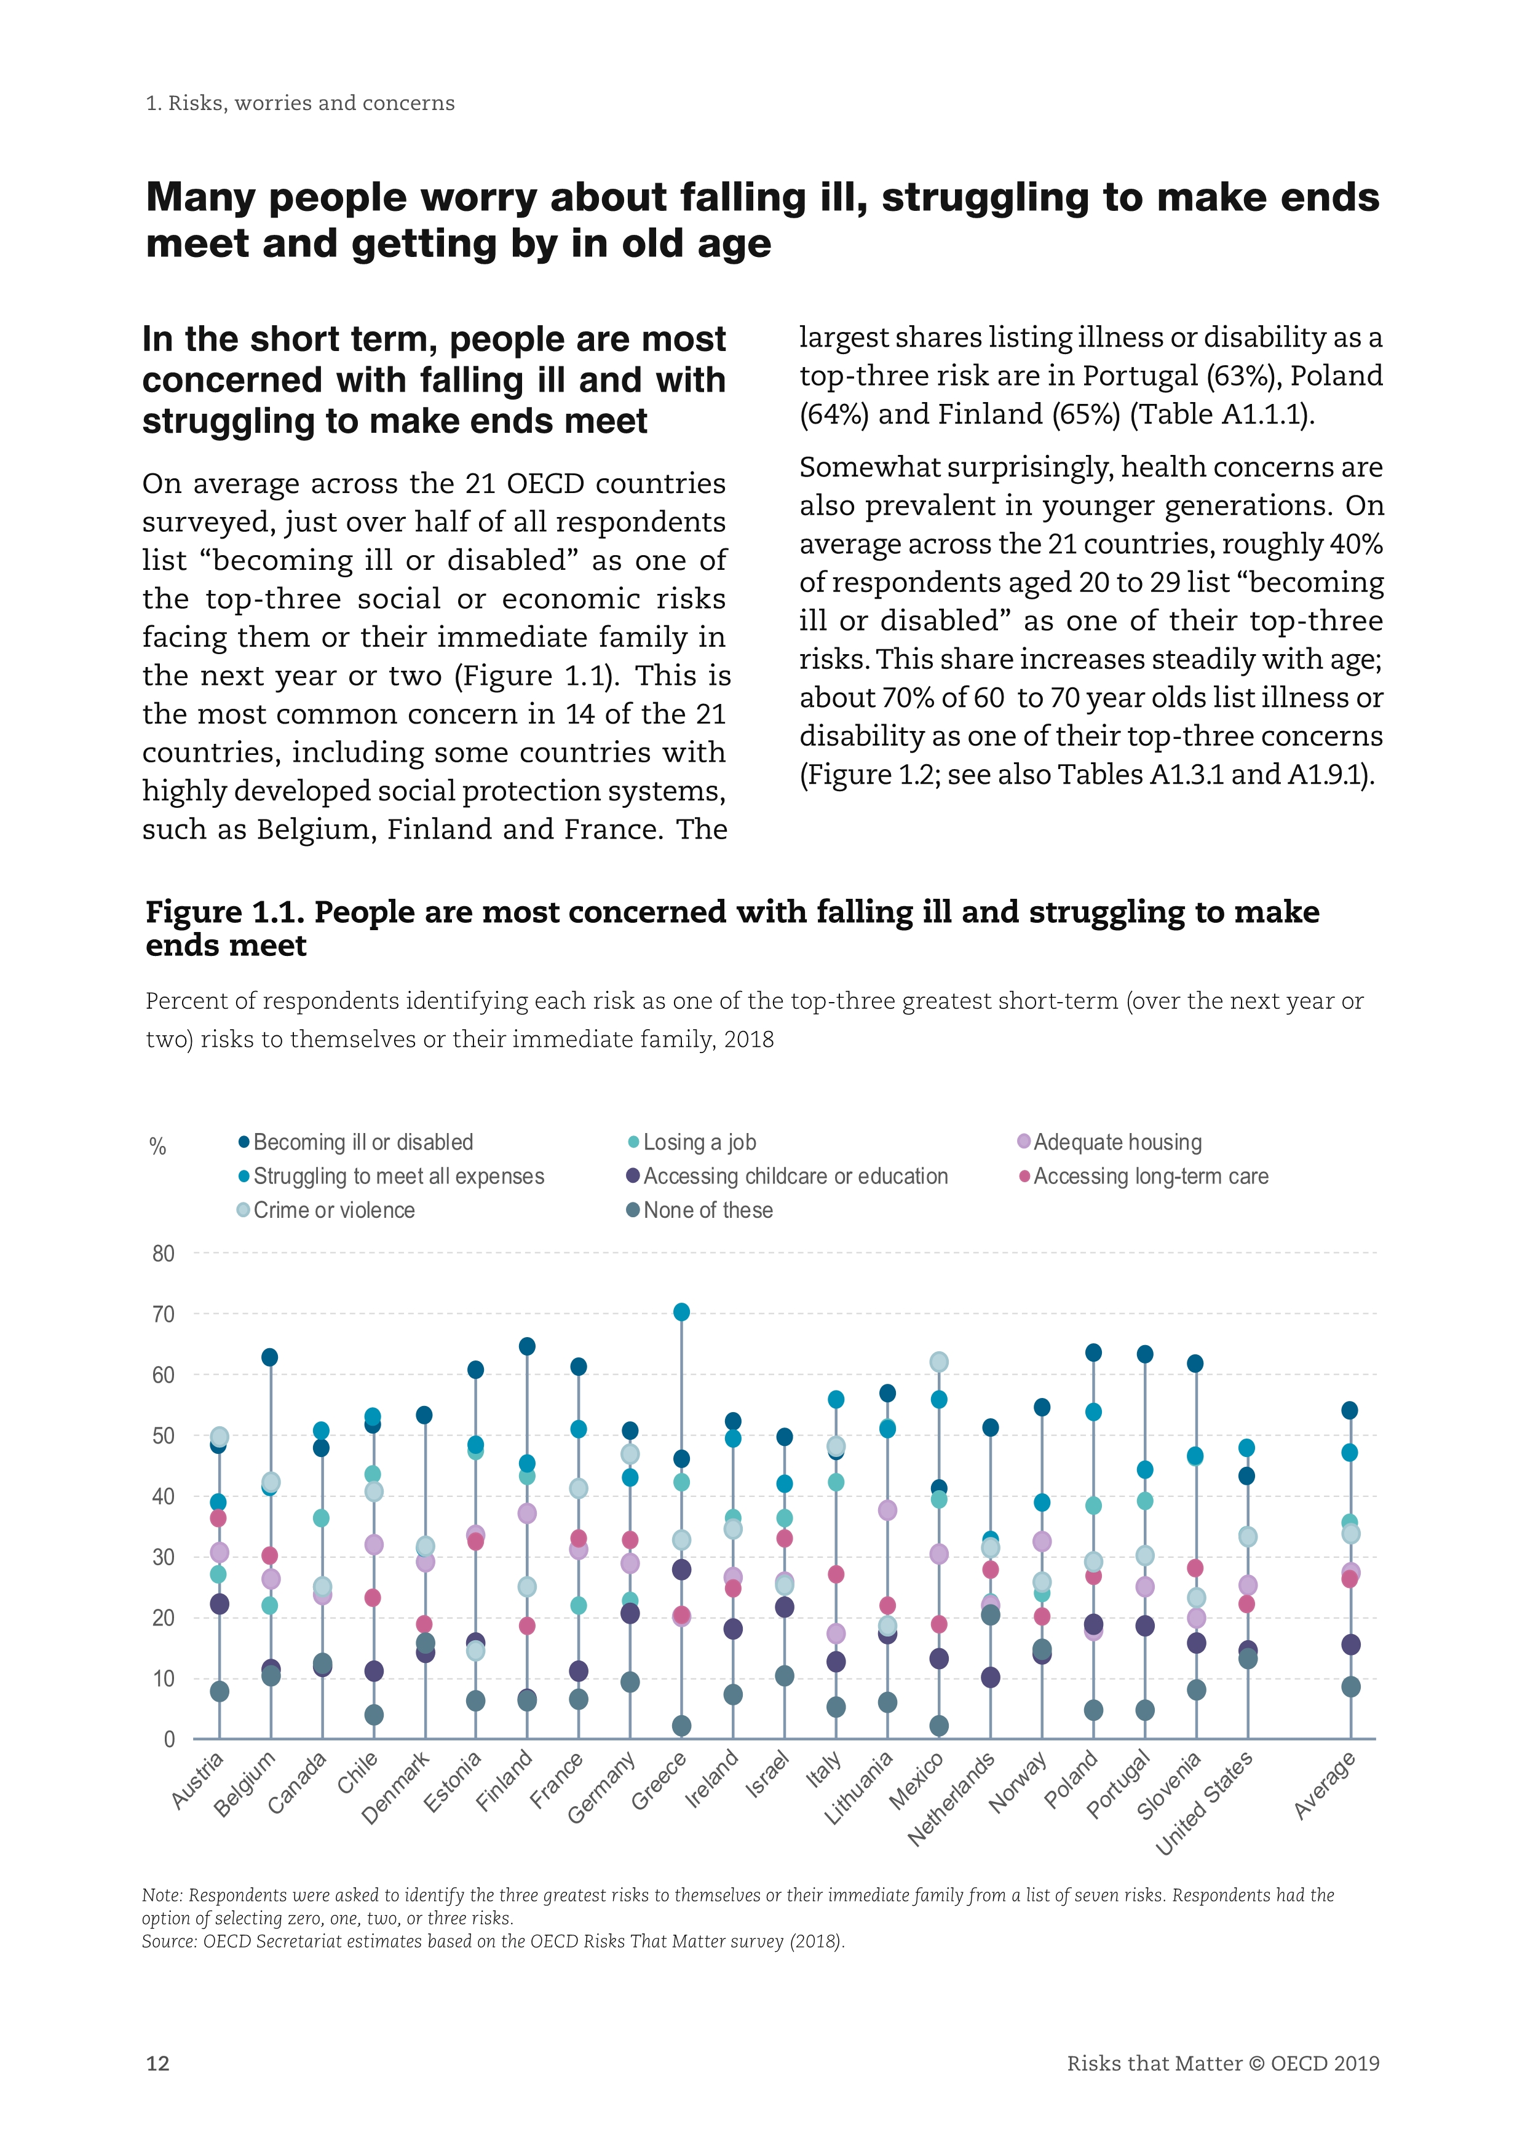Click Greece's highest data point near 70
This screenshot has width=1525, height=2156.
(682, 1312)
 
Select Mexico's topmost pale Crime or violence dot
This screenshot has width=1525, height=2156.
(938, 1362)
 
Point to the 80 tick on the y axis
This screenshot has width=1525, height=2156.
(164, 1254)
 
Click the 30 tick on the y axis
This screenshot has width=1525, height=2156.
(164, 1557)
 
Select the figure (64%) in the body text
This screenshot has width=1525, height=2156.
(834, 414)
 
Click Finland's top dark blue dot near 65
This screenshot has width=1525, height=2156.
(527, 1346)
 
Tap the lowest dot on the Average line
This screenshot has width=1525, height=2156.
(1350, 1686)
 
